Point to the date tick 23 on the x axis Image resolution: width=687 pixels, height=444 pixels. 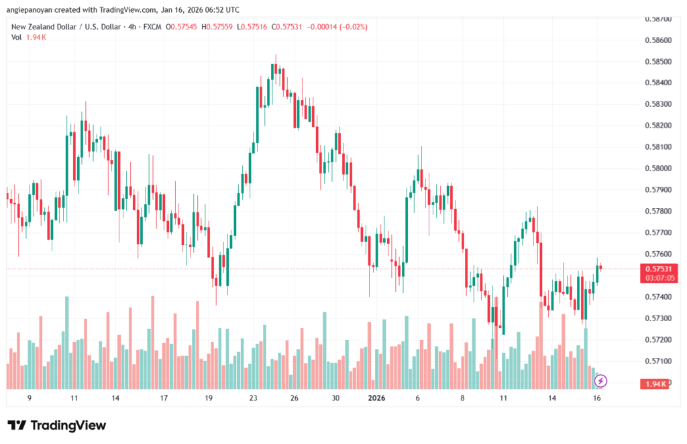coord(253,398)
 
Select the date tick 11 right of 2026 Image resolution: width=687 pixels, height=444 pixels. coord(504,398)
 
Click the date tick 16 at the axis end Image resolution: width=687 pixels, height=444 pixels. coord(597,398)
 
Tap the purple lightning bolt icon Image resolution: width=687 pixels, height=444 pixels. coord(601,381)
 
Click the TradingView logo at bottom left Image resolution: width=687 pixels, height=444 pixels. coord(56,425)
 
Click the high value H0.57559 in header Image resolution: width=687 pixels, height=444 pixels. coord(244,27)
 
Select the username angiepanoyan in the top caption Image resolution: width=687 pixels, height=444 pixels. coord(35,10)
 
